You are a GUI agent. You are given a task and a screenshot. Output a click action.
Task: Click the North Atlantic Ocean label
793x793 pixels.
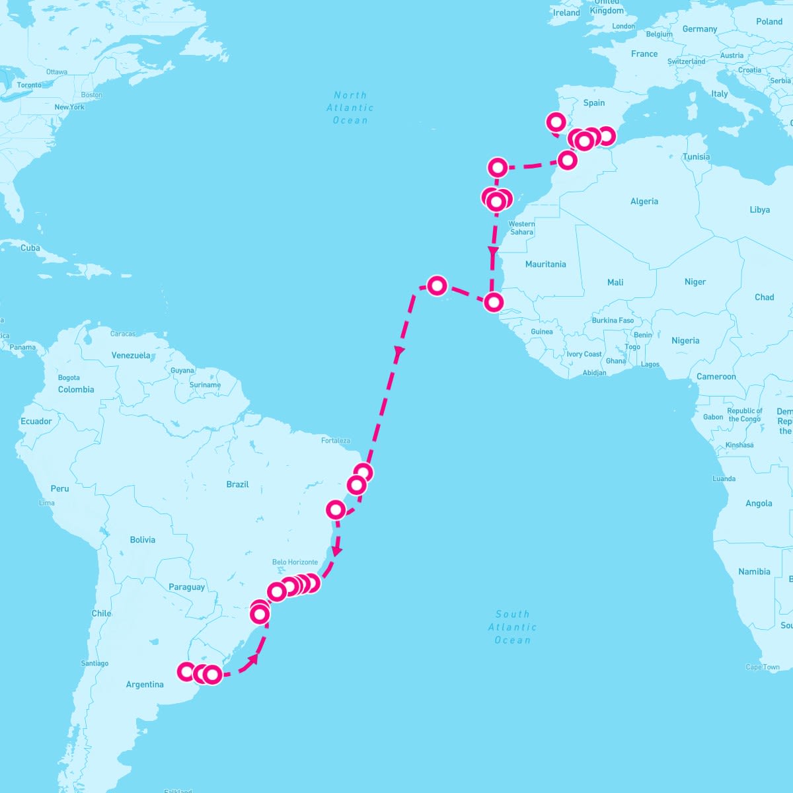coord(350,108)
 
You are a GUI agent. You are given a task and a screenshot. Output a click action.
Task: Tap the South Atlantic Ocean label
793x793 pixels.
coord(512,627)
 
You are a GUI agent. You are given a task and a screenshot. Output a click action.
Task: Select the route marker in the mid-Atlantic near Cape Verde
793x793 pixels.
coord(437,285)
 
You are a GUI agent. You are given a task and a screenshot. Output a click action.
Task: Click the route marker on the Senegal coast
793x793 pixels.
coord(494,302)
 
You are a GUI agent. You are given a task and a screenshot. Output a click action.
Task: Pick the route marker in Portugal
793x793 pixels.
coord(556,122)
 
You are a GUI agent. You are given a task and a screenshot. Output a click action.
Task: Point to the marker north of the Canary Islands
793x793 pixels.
coord(498,167)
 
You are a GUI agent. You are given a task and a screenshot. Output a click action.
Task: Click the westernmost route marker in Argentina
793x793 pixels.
coord(187,671)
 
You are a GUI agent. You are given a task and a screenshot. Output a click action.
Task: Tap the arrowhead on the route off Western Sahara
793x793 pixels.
coord(492,251)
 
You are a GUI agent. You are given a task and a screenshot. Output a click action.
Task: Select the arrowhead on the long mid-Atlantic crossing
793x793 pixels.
coord(398,352)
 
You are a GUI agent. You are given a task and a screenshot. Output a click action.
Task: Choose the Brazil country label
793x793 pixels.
coord(237,484)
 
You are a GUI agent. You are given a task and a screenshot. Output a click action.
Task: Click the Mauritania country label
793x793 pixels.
coord(545,264)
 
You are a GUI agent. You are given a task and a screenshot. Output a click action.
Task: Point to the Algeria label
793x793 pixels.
coord(644,202)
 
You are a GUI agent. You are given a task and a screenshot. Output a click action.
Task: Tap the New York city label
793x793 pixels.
coord(69,107)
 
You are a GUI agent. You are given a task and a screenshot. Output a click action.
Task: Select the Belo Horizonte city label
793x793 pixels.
coord(295,562)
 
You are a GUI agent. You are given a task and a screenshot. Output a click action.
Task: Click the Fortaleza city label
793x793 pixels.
coord(336,441)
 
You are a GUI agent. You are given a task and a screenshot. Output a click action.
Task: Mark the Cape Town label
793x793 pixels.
coord(763,667)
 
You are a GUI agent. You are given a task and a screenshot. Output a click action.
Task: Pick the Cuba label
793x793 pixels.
coord(30,248)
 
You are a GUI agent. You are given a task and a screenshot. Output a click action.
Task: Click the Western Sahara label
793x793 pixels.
coord(521,228)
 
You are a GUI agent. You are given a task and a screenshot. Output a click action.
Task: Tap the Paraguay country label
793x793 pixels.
coord(186,587)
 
